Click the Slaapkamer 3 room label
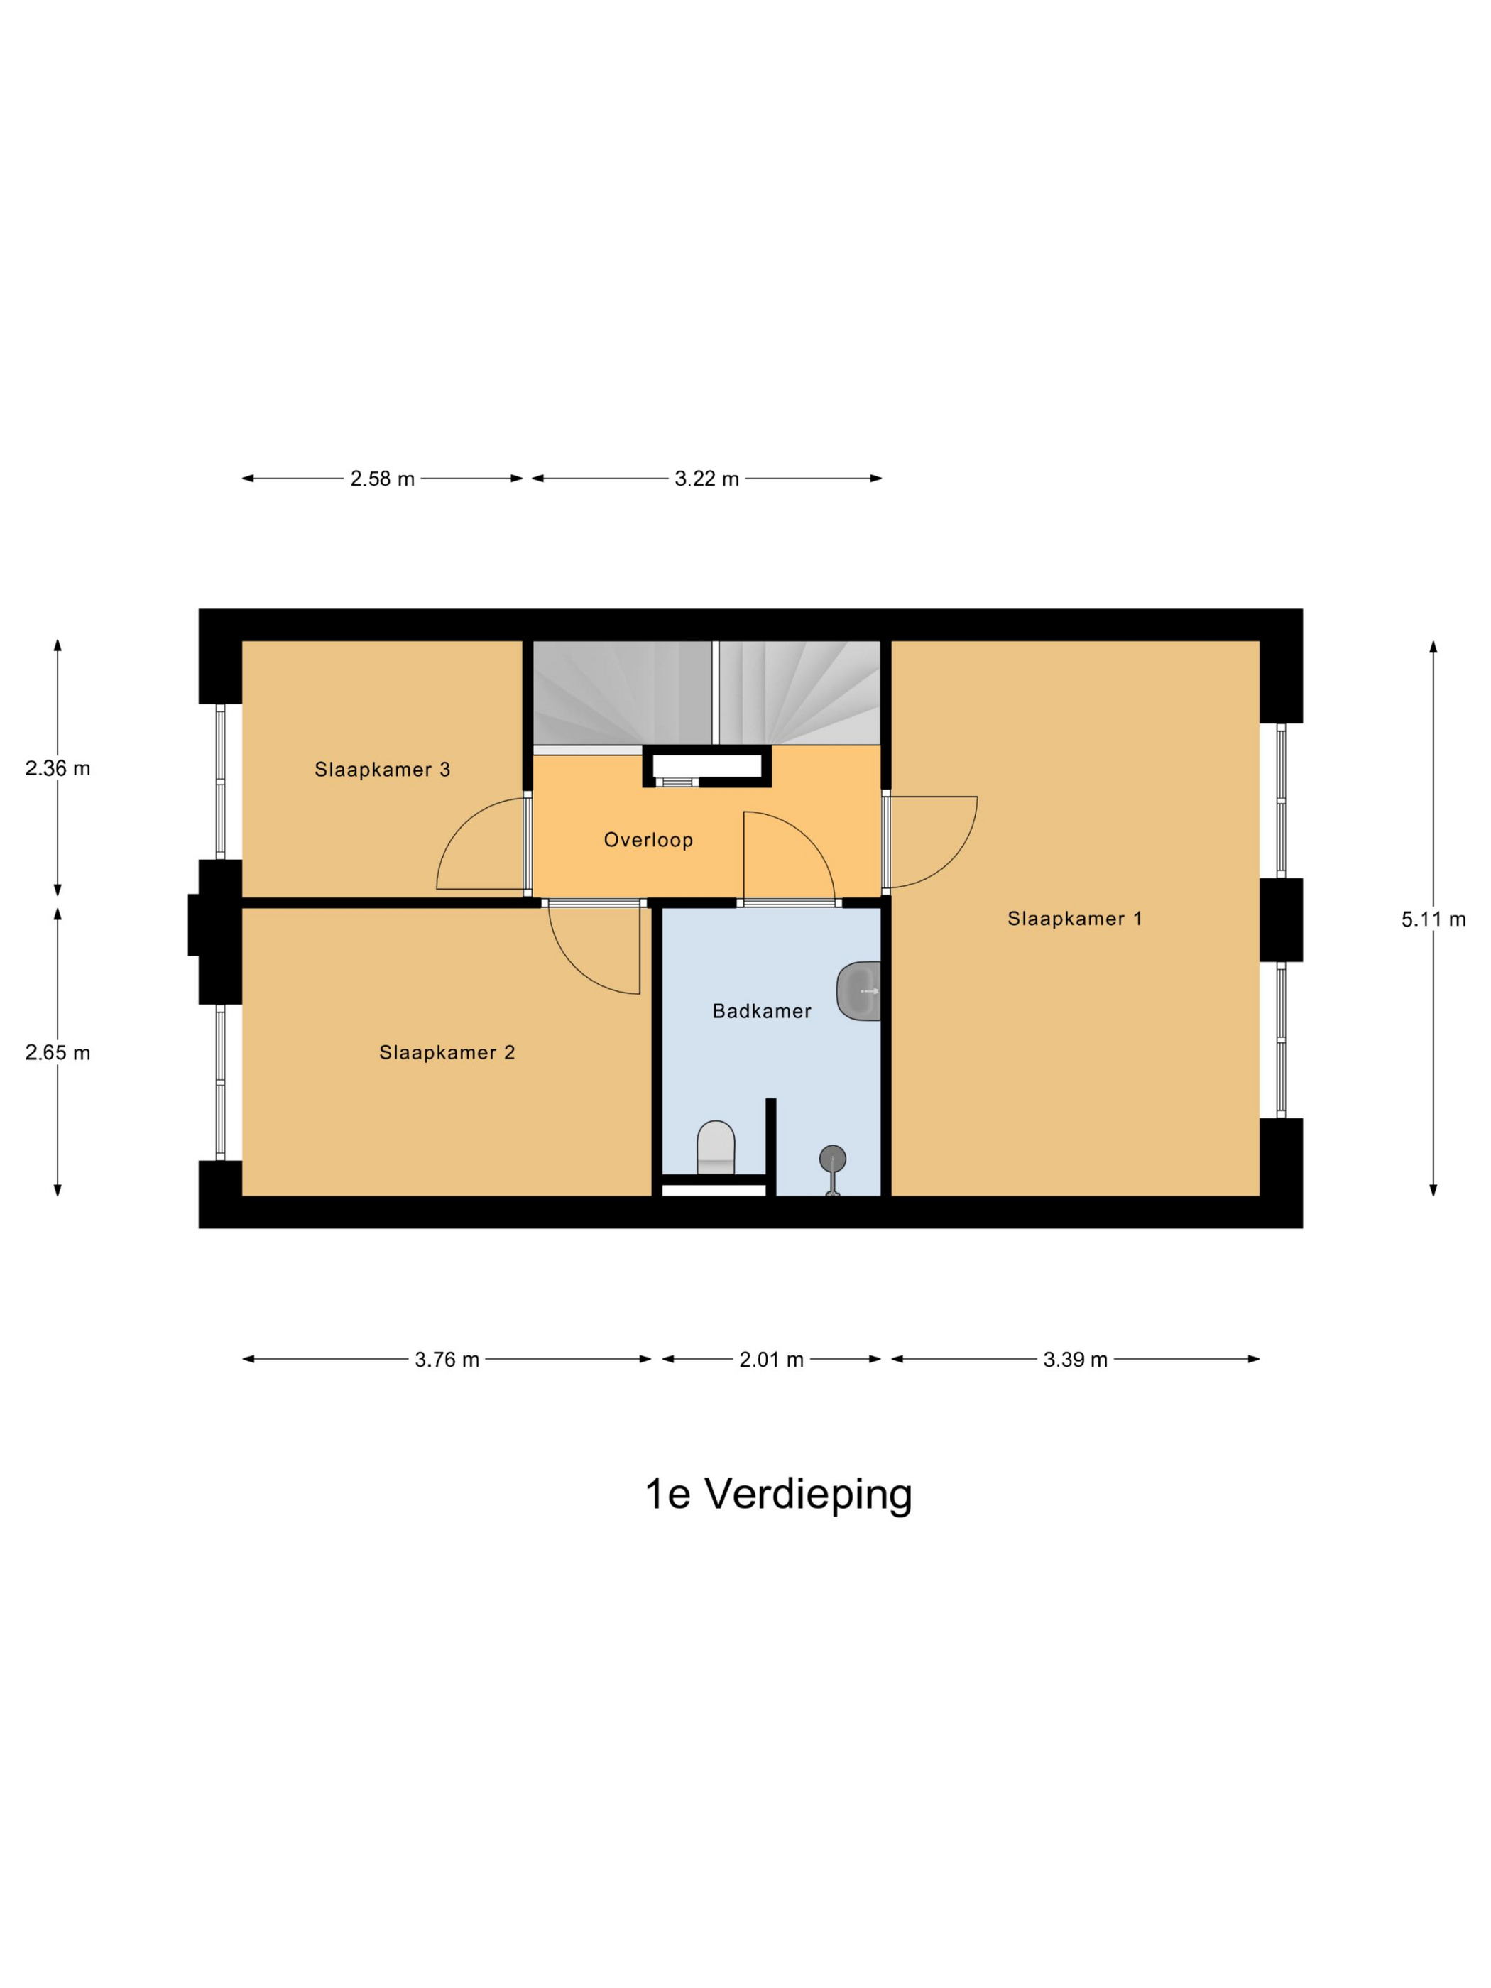click(x=382, y=770)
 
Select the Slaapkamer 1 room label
click(x=1074, y=919)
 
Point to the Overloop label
click(x=648, y=841)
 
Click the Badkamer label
click(x=761, y=1011)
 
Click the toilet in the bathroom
click(x=716, y=1147)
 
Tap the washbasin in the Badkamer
click(x=858, y=991)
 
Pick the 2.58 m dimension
click(x=382, y=479)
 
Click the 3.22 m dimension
click(x=706, y=479)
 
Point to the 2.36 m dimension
click(x=58, y=768)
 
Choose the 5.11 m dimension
click(x=1433, y=919)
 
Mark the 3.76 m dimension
click(x=447, y=1360)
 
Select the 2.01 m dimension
click(x=771, y=1360)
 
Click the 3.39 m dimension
click(x=1075, y=1360)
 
